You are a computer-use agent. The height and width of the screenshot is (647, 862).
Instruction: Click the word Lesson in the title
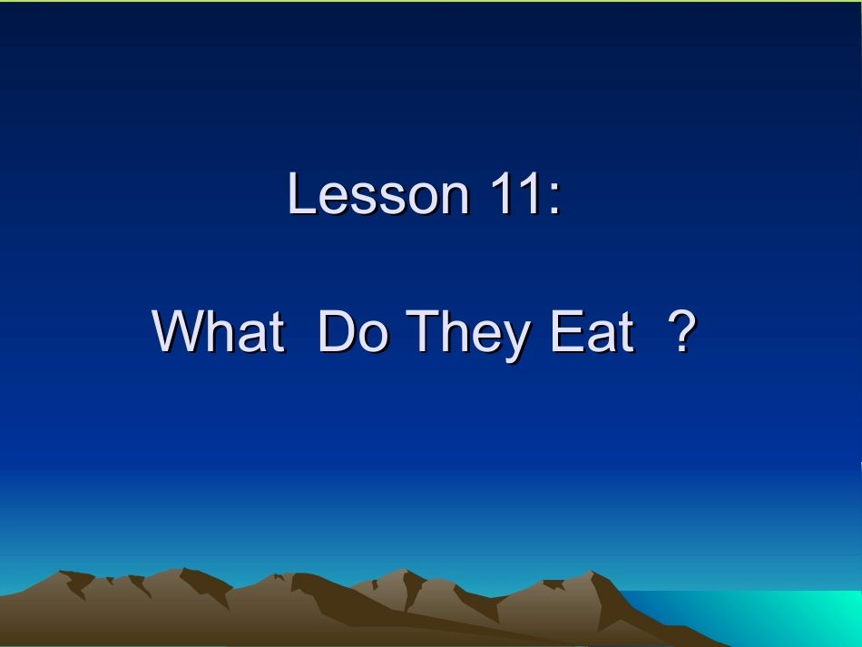378,194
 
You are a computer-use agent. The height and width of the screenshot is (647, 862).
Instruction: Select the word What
218,332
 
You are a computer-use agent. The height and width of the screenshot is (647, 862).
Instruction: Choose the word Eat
591,332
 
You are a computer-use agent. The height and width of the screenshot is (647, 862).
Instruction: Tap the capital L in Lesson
300,194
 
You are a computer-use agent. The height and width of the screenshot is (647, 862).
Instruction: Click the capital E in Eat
565,332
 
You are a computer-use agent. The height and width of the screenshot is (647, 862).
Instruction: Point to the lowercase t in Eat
624,334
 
